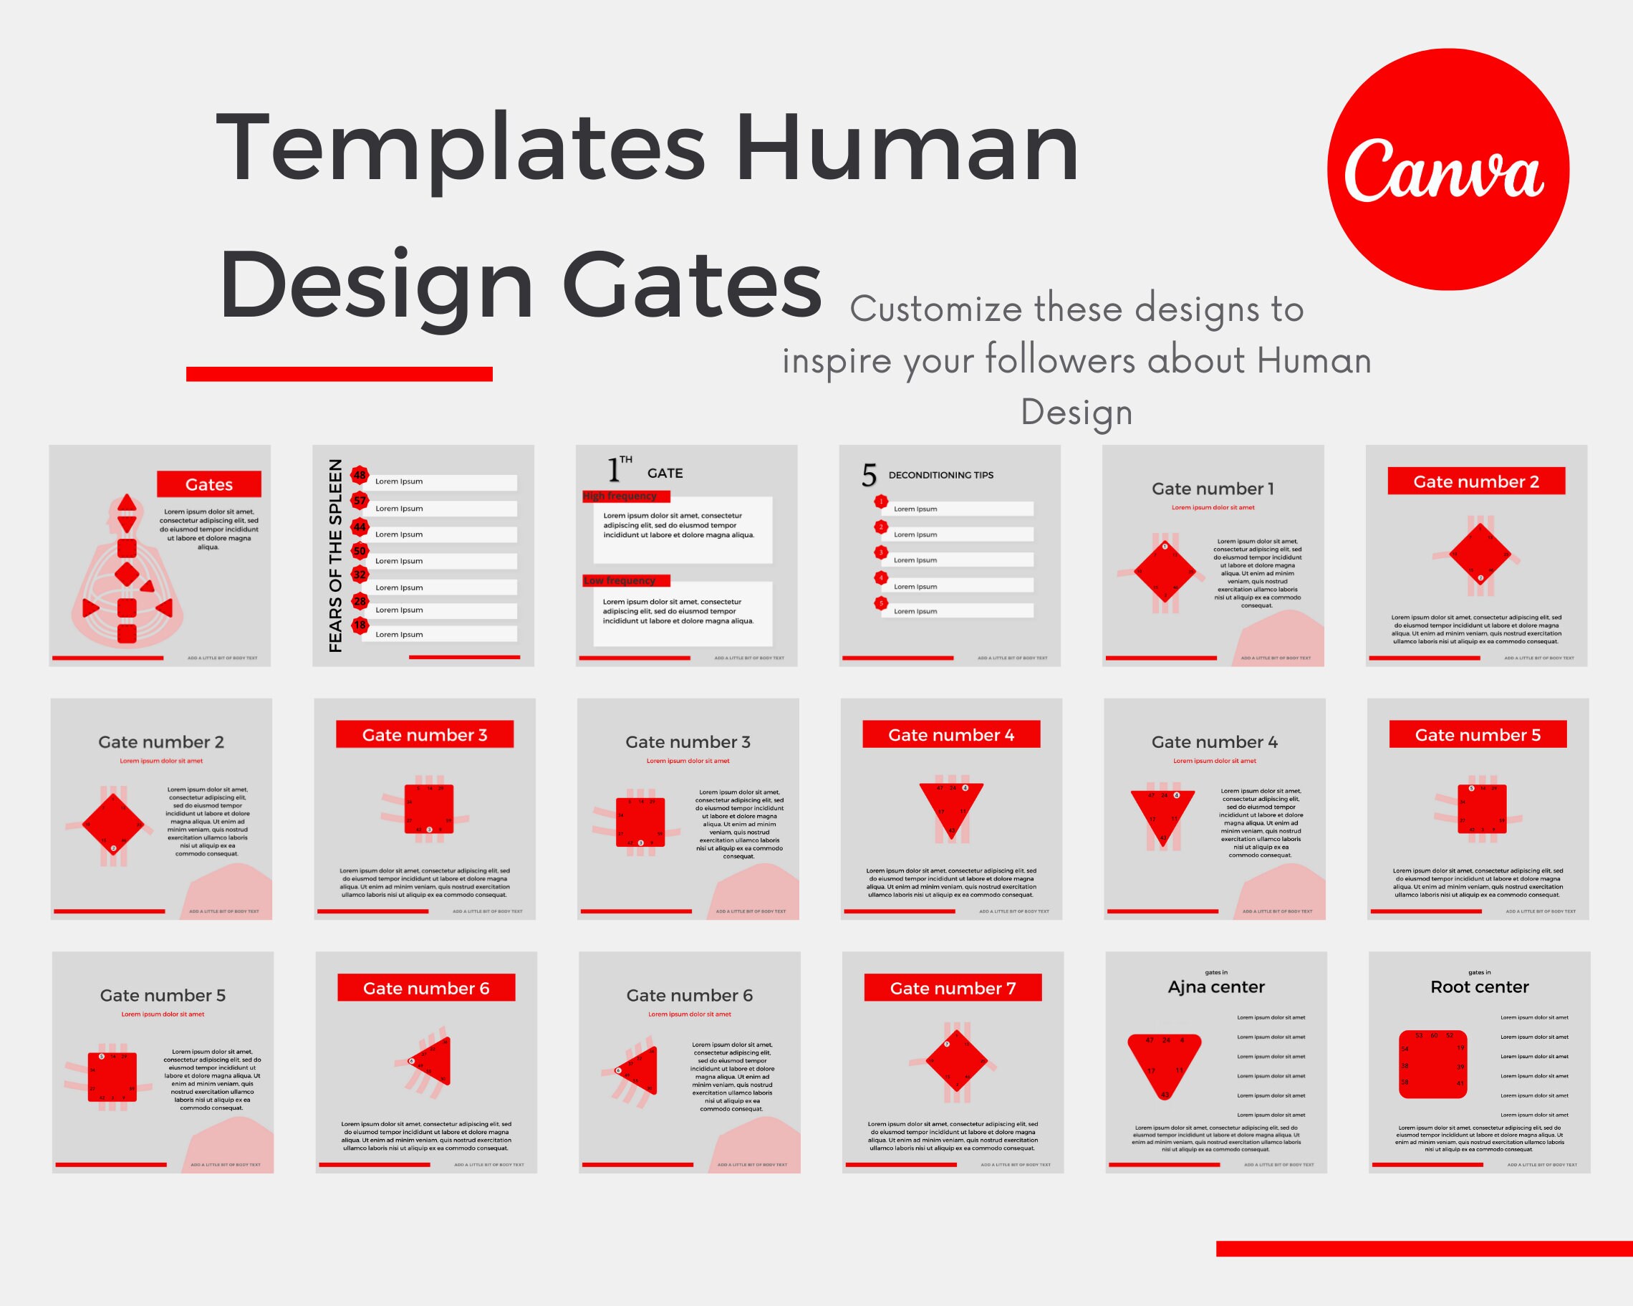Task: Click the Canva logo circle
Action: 1447,169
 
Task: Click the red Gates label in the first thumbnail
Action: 209,484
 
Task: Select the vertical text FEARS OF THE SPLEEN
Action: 335,555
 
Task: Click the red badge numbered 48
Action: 360,475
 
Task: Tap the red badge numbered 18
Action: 360,625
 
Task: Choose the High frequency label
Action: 620,496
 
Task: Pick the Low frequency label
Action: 620,580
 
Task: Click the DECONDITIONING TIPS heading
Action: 940,475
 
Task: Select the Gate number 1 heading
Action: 1213,489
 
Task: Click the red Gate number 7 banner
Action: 953,988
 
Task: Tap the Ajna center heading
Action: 1216,986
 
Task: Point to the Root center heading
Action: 1479,986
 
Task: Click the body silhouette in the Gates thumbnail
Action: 127,576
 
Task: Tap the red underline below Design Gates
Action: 339,374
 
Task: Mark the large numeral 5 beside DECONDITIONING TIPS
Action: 869,476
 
